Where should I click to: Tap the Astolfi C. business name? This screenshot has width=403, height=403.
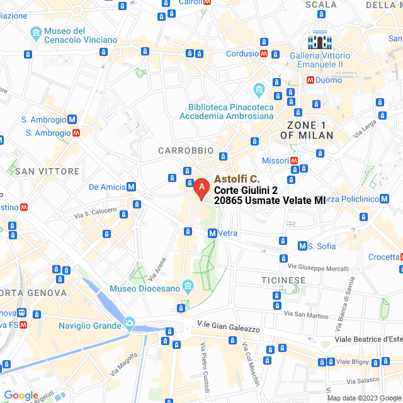237,179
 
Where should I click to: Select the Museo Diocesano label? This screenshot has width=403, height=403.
144,288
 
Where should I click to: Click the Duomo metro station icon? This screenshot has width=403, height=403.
310,80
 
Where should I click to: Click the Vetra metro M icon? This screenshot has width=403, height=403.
212,233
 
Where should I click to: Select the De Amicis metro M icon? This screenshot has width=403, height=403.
131,186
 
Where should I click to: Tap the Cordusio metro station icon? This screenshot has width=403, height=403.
264,54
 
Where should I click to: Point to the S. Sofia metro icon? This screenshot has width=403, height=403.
302,246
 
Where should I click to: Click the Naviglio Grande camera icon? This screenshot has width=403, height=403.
130,323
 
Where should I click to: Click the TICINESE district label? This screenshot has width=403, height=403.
283,280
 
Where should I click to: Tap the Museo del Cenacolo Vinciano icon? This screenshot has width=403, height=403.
37,32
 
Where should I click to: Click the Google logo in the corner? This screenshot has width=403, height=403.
21,395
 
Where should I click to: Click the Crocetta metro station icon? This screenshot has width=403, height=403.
401,257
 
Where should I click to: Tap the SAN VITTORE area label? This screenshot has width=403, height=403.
47,171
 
